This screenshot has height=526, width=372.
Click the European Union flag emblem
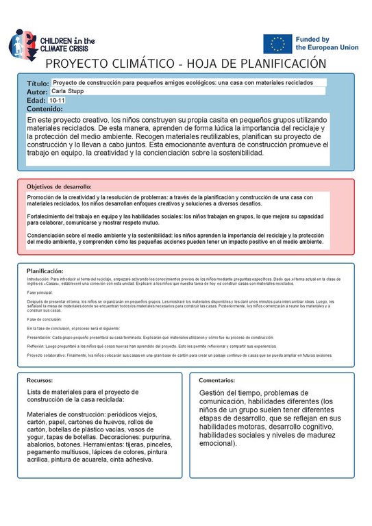tap(277, 44)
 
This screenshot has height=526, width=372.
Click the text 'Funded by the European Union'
tap(321, 44)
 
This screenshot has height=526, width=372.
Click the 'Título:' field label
tap(38, 83)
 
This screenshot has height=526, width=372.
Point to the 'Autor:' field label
tap(37, 92)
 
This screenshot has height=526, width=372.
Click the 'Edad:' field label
tap(36, 101)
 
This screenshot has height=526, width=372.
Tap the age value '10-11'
tap(58, 100)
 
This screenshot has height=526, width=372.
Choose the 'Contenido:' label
tap(45, 109)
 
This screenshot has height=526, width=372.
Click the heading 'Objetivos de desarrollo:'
tap(59, 186)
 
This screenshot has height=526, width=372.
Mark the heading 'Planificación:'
tap(45, 271)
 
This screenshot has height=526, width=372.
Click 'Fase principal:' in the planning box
tap(40, 292)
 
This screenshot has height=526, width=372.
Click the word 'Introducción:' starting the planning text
tap(38, 279)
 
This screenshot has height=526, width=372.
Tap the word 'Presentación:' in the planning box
tap(38, 338)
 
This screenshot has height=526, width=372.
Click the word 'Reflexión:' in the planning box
tap(36, 347)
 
